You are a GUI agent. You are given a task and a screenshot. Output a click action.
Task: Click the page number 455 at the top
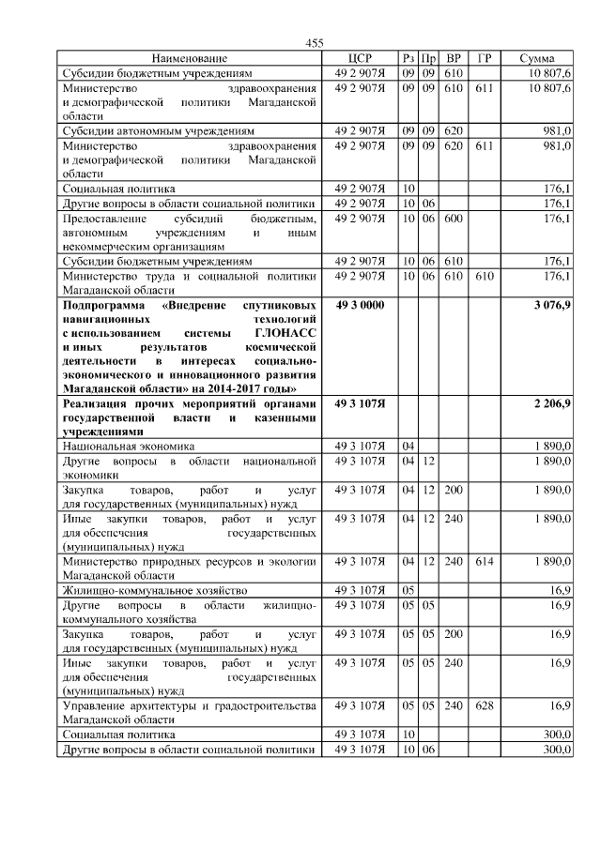coord(315,43)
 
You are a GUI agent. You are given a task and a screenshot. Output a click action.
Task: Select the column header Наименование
coord(189,58)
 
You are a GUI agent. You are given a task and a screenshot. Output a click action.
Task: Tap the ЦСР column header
coord(360,58)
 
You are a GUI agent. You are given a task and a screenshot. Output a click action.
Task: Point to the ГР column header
coord(484,58)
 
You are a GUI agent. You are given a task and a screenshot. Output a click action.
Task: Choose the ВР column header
coord(454,58)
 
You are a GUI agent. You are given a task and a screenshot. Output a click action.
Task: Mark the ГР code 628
coord(484,704)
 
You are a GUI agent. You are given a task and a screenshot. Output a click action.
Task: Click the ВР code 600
coord(454,218)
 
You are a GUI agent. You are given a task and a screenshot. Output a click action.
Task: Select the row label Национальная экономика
coord(128,447)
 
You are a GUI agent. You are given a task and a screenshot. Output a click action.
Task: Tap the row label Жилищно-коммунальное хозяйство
coord(154,590)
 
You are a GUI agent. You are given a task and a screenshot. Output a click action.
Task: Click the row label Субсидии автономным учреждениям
coord(158,130)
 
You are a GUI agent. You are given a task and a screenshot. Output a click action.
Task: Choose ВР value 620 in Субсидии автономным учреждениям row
coord(454,130)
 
